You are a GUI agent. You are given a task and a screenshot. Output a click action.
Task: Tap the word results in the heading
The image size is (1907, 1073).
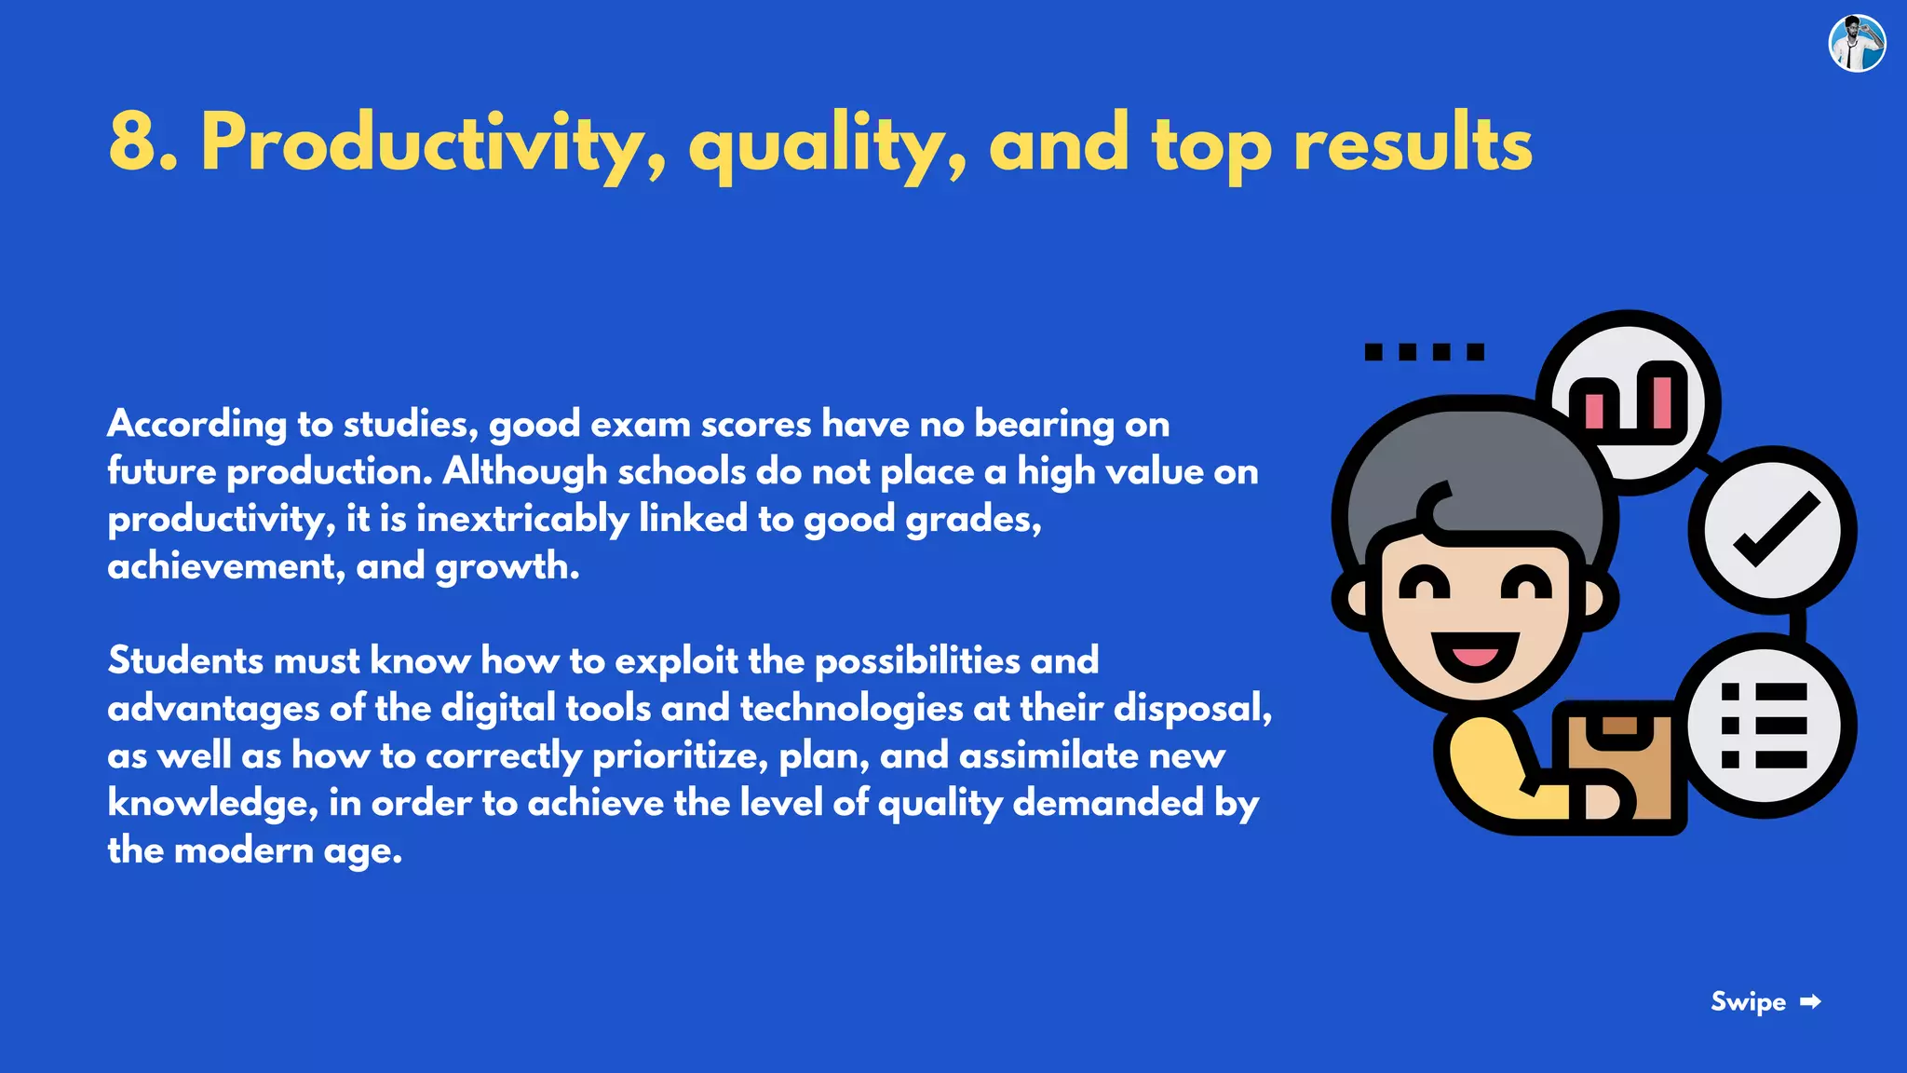pos(1413,143)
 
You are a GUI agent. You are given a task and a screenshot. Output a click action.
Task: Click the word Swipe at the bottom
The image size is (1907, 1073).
pos(1748,1002)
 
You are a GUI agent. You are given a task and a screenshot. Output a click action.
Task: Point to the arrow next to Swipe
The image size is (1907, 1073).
pos(1810,1002)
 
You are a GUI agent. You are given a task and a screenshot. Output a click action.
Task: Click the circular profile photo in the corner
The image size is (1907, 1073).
pos(1857,43)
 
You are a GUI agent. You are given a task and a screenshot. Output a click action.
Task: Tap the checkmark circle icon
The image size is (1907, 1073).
pos(1773,530)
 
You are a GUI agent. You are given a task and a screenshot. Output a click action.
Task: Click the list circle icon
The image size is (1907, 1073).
pos(1765,726)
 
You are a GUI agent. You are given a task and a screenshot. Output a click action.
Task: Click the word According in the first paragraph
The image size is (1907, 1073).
pos(196,425)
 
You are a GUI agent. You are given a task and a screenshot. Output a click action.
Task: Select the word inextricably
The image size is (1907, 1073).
pos(522,519)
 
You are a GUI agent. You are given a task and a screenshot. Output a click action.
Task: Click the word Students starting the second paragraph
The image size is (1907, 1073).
pos(185,661)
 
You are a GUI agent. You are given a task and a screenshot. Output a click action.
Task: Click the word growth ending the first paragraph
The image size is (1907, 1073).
pos(506,566)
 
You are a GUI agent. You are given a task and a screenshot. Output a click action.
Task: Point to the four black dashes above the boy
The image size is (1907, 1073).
pos(1424,351)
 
